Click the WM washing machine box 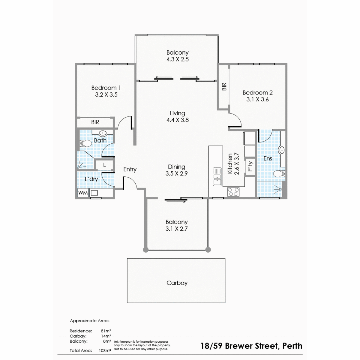tap(83, 193)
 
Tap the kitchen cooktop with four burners tap(233, 192)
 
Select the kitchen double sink tap(217, 176)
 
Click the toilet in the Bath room tap(85, 143)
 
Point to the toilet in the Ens tap(279, 174)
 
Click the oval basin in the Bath tap(103, 133)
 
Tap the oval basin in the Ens tap(281, 150)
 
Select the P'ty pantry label tap(250, 166)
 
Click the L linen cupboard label tap(104, 165)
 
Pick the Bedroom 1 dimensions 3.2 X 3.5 tap(106, 94)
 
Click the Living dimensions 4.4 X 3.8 tap(178, 120)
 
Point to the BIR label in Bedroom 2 tap(224, 86)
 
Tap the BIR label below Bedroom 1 tap(95, 122)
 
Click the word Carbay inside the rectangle tap(177, 283)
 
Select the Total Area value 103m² tap(105, 350)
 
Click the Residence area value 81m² tap(106, 331)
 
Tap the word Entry tap(130, 169)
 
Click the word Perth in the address tap(292, 346)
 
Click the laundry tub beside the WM tap(94, 193)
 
